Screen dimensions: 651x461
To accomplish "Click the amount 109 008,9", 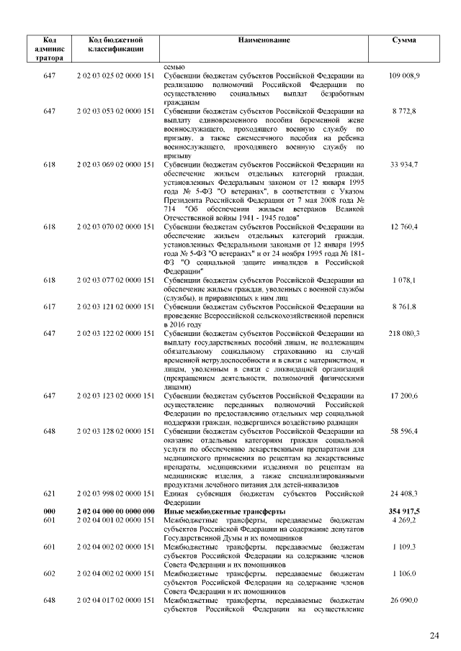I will click(404, 75).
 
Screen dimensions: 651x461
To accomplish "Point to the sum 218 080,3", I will click(404, 334).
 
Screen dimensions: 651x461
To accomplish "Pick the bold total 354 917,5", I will click(404, 510).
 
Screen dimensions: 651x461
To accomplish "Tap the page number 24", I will click(434, 635).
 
